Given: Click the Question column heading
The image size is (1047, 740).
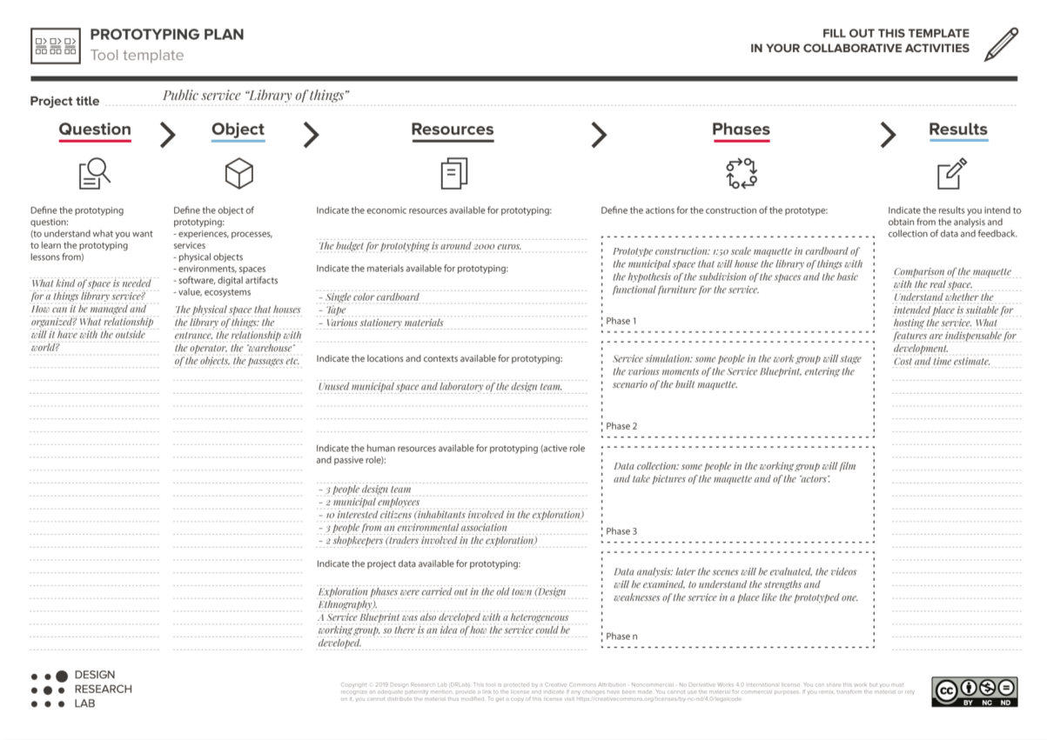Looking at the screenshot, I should pos(95,130).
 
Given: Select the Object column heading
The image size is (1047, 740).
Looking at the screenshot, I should pos(238,130).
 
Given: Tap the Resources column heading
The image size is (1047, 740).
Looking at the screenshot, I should pos(452,130).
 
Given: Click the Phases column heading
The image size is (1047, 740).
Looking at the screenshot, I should pos(741,130).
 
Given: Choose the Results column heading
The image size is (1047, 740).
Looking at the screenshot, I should pos(957,130).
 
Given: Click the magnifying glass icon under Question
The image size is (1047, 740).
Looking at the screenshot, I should pos(94,174).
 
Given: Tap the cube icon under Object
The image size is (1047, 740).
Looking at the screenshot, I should pos(238,174).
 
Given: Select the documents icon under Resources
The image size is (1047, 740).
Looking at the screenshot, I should pos(453,174).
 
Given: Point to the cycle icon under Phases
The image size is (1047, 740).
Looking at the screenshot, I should pos(742,173).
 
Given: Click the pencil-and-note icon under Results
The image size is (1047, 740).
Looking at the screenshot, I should pos(951,173).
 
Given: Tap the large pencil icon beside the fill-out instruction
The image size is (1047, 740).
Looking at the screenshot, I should pos(1001,44).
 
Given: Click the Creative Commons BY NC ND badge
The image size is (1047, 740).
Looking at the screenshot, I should pos(974,691).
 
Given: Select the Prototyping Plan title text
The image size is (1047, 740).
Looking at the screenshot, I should pos(167,35).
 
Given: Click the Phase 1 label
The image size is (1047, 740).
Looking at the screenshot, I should pos(621,321).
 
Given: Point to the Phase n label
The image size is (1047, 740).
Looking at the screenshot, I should pos(621,636).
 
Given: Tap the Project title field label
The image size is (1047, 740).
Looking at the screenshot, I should pos(64,101).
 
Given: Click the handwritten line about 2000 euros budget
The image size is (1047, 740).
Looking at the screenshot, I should pos(420,246).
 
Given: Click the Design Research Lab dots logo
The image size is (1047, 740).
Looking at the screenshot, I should pos(49,690).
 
